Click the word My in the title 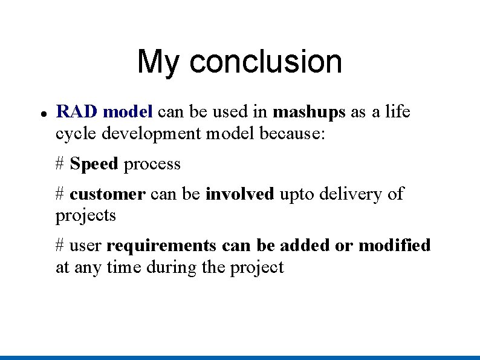[159, 62]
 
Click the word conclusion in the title [265, 62]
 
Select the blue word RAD [77, 112]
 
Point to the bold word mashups [309, 113]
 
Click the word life [397, 112]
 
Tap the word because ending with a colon [293, 133]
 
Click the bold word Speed [94, 164]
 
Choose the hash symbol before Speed [60, 164]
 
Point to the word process [152, 165]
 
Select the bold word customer [107, 194]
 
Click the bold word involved [239, 194]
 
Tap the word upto [297, 195]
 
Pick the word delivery [352, 194]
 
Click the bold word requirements [161, 246]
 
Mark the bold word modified [394, 246]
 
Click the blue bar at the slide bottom [240, 357]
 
